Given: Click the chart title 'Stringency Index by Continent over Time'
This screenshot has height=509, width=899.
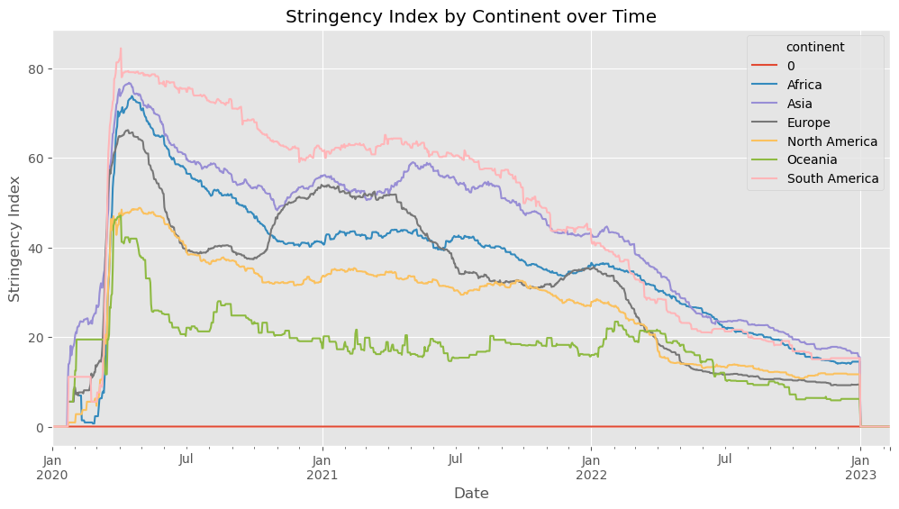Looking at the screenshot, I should click(470, 16).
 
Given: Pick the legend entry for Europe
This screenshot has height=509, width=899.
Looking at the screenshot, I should click(807, 123).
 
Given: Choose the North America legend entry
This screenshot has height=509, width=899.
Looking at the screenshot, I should click(831, 141).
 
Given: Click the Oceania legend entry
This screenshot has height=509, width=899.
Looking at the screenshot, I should click(811, 159).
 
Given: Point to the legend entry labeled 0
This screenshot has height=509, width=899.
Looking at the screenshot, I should click(790, 66).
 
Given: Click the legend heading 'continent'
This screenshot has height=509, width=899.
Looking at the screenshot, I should click(814, 47).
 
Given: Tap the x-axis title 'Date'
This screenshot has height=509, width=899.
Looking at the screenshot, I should click(471, 493).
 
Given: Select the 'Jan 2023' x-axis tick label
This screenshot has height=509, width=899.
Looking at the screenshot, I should click(860, 467).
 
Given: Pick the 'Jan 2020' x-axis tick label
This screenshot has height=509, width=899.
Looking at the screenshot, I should click(53, 467).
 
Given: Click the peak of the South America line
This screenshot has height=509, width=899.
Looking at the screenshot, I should click(121, 49).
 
